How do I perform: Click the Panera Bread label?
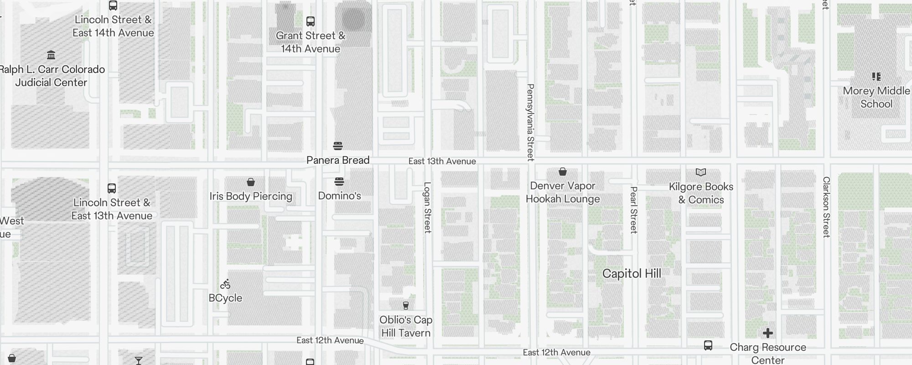[338, 160]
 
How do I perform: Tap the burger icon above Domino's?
[339, 182]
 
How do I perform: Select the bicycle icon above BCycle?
[225, 285]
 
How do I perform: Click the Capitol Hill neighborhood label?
[632, 274]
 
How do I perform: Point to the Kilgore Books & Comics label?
[701, 193]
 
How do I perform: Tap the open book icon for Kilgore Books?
[701, 172]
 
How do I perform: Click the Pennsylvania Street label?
[530, 122]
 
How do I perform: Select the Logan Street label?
[427, 208]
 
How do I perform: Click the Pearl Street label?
[633, 210]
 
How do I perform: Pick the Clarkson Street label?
[826, 207]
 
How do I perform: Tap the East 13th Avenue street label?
[442, 162]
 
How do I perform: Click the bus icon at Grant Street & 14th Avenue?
[311, 21]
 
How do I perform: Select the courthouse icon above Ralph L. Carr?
[51, 55]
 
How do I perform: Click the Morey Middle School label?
[876, 97]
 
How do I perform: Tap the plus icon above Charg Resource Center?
[768, 333]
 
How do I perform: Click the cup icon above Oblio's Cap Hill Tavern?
[405, 305]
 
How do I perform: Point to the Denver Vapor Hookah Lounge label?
[563, 193]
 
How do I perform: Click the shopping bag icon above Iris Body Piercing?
[250, 182]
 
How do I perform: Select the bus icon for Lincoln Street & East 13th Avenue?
[112, 188]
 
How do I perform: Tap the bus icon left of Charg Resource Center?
[708, 345]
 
